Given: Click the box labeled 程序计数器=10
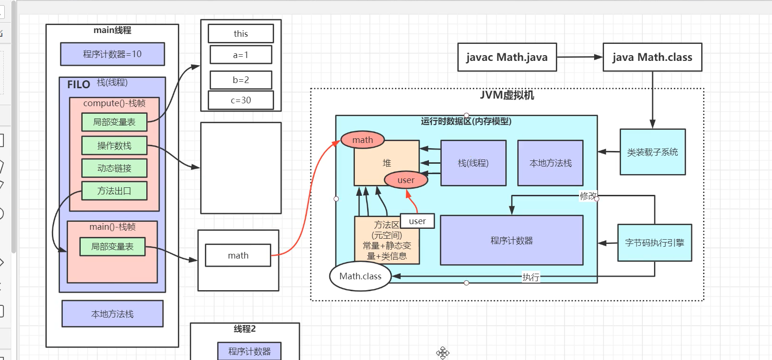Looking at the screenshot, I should click(112, 54).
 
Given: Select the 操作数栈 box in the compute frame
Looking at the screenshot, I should click(114, 146).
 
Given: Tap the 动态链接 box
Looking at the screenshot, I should click(114, 168).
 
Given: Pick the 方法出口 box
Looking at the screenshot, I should click(114, 191).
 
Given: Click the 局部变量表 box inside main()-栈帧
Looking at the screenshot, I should click(112, 247).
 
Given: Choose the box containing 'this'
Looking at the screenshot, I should click(241, 34).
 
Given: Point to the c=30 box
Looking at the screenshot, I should click(241, 100).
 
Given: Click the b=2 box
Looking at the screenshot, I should click(241, 80).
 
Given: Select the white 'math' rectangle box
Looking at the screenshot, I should click(238, 256).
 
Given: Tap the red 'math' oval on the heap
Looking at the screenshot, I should click(362, 140).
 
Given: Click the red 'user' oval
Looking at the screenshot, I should click(406, 180).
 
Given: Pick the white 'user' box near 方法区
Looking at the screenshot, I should click(417, 221).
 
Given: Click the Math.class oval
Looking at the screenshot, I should click(361, 276).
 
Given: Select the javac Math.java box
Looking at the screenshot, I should click(507, 58).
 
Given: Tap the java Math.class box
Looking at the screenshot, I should click(652, 58).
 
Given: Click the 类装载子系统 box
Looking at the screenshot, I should click(653, 152).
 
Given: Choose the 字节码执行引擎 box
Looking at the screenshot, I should click(655, 243).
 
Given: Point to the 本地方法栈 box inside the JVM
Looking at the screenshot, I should click(550, 163).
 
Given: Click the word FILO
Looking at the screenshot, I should click(78, 85).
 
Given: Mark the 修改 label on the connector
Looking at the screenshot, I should click(588, 196).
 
